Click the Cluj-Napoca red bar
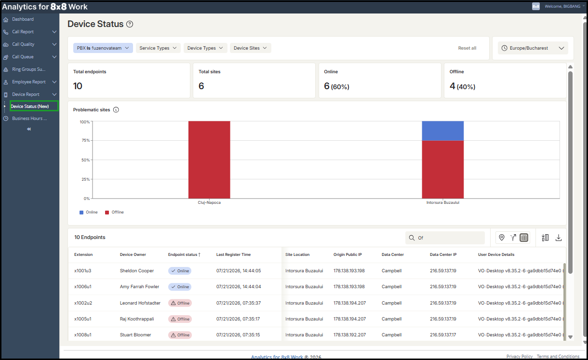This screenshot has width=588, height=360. coord(209,160)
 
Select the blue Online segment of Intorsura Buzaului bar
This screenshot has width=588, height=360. coord(443,131)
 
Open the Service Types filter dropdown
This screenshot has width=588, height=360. coord(158,48)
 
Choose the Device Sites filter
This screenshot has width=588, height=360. coord(251,48)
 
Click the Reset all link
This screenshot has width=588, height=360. coord(467,48)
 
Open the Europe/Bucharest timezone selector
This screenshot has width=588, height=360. coord(533,48)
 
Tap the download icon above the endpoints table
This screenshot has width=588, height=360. coord(559,238)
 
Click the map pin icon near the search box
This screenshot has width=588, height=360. coord(502,238)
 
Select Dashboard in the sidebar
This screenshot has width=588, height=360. coord(23,19)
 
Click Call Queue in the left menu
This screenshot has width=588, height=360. coord(23,57)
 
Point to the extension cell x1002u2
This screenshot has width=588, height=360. coord(83,303)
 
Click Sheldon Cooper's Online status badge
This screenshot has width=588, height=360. coord(180,271)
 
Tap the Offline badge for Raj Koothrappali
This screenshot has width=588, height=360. coord(180,319)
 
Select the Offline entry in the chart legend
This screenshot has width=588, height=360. coord(114,212)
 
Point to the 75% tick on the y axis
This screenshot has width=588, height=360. coord(86,140)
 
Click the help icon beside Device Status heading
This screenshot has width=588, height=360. coord(130,24)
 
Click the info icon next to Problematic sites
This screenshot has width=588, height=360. coord(116,110)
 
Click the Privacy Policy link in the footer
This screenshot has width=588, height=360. coord(520,356)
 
